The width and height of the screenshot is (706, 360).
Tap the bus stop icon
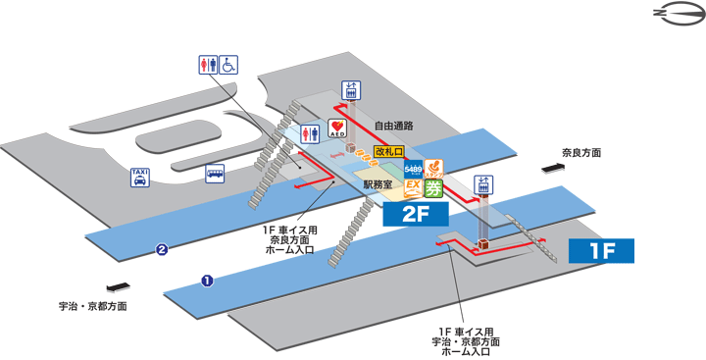tap(215, 174)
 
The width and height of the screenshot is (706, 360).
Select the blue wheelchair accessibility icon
tap(228, 64)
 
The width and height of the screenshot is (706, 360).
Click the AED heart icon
tap(337, 129)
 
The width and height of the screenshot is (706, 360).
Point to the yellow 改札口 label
tap(389, 152)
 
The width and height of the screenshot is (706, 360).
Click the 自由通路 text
tap(393, 126)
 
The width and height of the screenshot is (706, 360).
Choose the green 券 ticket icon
tap(433, 188)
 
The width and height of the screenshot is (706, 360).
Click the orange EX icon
tap(413, 187)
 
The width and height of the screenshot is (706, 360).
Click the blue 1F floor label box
tap(600, 250)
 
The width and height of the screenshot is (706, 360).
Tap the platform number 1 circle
tap(207, 281)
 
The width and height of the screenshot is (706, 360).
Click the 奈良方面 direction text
tap(580, 153)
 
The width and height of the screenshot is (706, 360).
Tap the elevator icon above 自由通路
tap(350, 90)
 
